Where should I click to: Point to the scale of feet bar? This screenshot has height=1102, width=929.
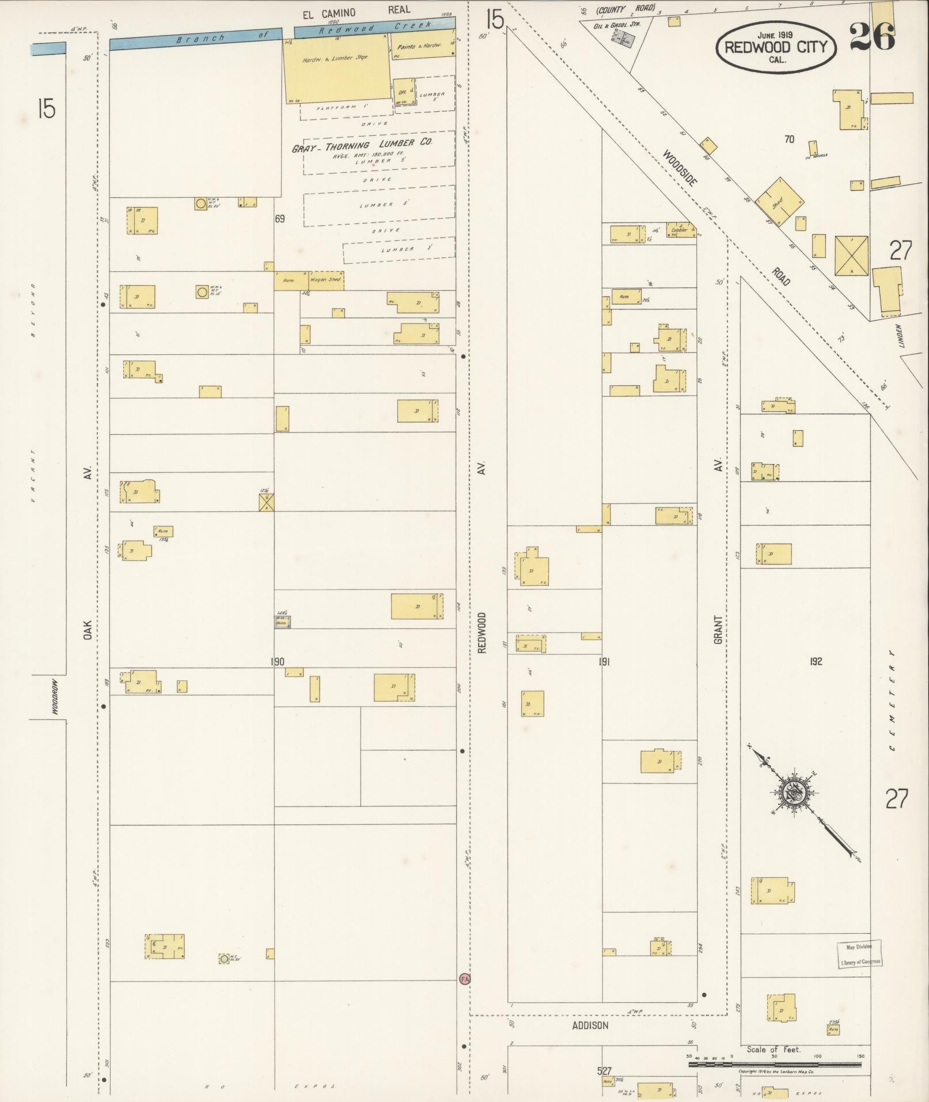(775, 1065)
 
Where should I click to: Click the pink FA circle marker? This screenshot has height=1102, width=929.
(464, 979)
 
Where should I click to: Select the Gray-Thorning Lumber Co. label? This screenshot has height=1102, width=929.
(362, 145)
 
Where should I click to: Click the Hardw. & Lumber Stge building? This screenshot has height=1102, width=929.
(335, 66)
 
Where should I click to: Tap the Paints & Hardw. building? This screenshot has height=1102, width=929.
(422, 47)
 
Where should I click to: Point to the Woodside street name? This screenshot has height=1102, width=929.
(679, 168)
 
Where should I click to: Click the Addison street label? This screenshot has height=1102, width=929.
(590, 1025)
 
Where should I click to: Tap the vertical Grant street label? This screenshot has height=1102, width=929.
(718, 629)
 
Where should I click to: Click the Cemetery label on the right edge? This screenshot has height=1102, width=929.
(892, 700)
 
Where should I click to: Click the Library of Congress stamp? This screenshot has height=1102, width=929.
(859, 955)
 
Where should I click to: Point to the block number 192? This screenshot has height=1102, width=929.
(816, 661)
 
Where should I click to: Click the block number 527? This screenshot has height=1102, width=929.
(604, 1071)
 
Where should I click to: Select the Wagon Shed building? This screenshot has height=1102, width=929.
(325, 280)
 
